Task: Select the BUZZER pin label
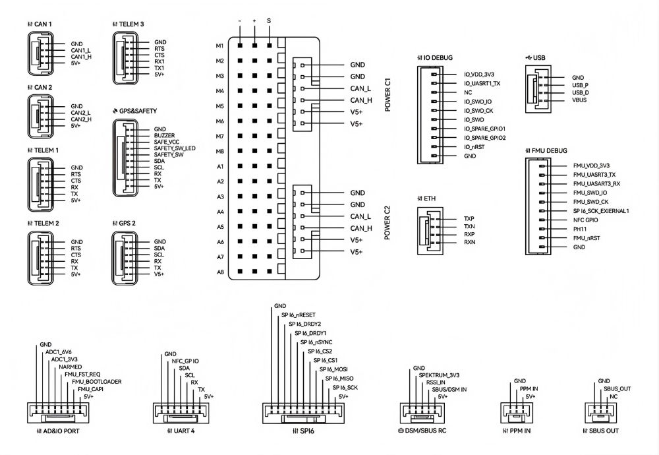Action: click(165, 136)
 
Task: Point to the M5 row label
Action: click(221, 106)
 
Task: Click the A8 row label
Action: click(221, 272)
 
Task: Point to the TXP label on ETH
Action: click(469, 218)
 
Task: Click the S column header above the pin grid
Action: click(269, 20)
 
